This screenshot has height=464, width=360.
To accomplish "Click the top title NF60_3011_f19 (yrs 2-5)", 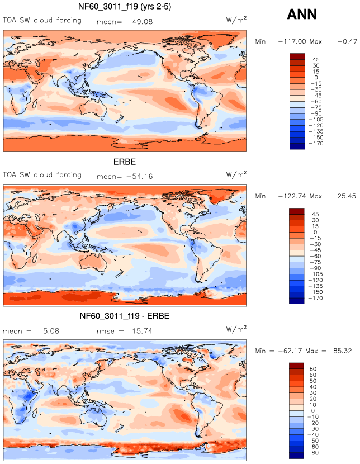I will click(x=124, y=7).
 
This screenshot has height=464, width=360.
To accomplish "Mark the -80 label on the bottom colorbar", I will click(x=317, y=453).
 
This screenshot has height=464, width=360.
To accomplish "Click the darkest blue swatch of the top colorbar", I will click(x=297, y=146).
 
